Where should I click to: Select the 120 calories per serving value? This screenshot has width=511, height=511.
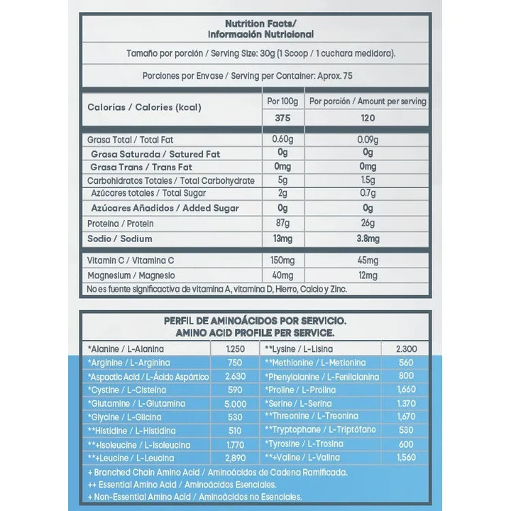[368, 119]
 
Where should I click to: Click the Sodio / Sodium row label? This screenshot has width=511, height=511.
[119, 239]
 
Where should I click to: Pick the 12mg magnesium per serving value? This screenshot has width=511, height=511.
[368, 275]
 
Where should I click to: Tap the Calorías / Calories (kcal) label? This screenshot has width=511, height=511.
[144, 108]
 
